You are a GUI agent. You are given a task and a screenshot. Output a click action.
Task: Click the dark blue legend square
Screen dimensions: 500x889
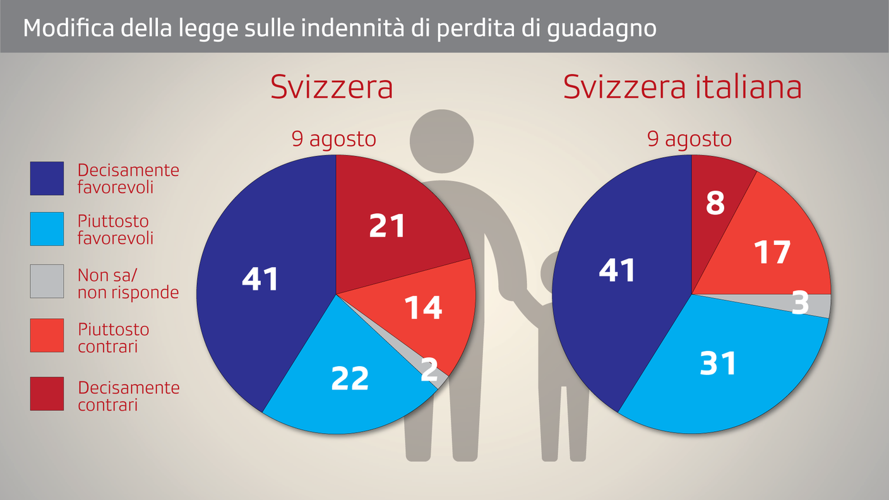coord(47,178)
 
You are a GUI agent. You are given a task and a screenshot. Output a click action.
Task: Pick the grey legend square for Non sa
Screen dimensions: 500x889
coord(47,282)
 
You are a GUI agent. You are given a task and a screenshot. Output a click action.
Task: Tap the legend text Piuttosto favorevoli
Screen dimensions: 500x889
coord(114,229)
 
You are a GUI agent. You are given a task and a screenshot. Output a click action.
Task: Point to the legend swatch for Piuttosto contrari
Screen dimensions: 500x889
coord(47,335)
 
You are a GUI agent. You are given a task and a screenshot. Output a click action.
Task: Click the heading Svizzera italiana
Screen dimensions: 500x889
coord(682,87)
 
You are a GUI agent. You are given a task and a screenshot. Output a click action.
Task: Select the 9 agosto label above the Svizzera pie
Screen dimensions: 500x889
coord(333,139)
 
